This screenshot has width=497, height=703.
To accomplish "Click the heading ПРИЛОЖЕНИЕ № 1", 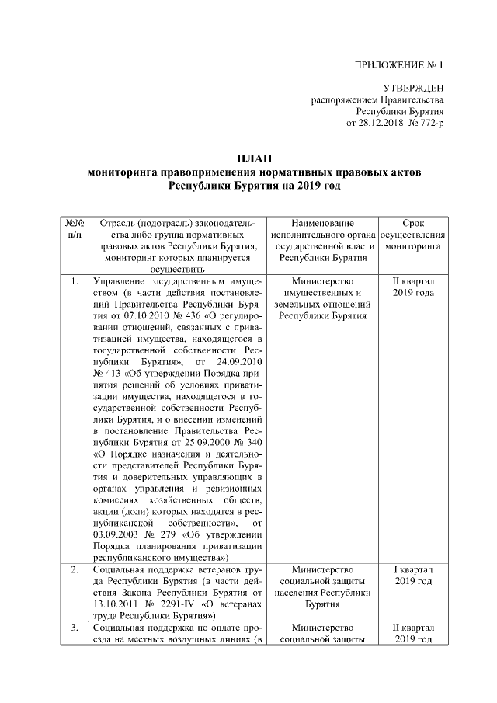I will point(397,64).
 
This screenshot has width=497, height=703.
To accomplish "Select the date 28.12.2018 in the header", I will point(375,123).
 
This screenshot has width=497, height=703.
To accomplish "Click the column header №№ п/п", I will point(75,228).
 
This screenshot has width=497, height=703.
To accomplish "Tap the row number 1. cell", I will point(75,280).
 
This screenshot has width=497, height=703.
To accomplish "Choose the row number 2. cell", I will point(75,570).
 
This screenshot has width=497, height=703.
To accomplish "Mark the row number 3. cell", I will point(75,626).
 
